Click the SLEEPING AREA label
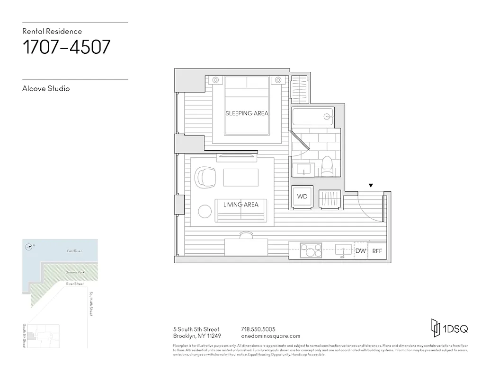pyautogui.click(x=247, y=113)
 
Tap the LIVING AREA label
pyautogui.click(x=241, y=205)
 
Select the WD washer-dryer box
pyautogui.click(x=302, y=196)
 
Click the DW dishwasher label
pyautogui.click(x=361, y=251)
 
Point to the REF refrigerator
pyautogui.click(x=377, y=251)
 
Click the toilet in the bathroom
pyautogui.click(x=327, y=167)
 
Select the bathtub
pyautogui.click(x=314, y=116)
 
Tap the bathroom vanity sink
pyautogui.click(x=302, y=168)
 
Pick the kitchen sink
pyautogui.click(x=343, y=249)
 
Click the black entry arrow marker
pyautogui.click(x=371, y=185)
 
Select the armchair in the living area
pyautogui.click(x=207, y=177)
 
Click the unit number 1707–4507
pyautogui.click(x=67, y=47)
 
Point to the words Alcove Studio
pyautogui.click(x=46, y=88)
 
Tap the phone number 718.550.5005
pyautogui.click(x=258, y=329)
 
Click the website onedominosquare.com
pyautogui.click(x=270, y=336)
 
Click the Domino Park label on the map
pyautogui.click(x=75, y=273)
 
